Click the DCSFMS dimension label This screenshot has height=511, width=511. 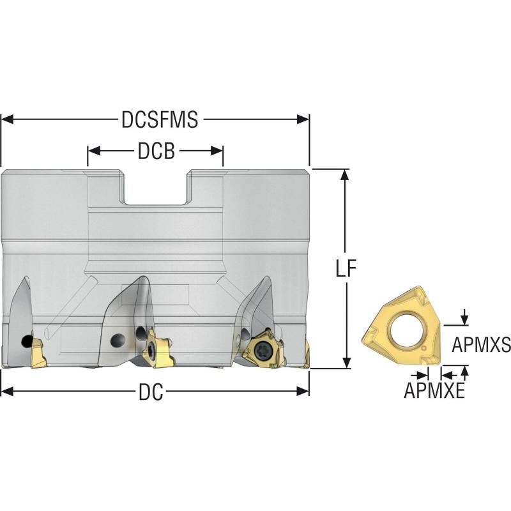(x=159, y=119)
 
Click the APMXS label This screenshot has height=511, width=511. (x=481, y=346)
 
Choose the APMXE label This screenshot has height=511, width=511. (x=434, y=391)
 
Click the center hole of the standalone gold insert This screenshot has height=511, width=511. (x=406, y=330)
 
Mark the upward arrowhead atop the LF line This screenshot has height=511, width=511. (x=346, y=174)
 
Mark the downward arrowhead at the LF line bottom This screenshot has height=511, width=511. (x=346, y=363)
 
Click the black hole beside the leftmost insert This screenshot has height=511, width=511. (x=26, y=341)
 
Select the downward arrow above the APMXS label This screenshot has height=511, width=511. (x=464, y=319)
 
